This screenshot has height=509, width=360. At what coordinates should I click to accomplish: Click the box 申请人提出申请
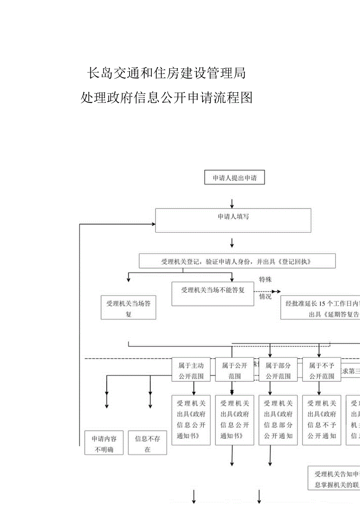(234, 178)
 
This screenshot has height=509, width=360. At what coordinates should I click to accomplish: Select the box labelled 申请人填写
(233, 220)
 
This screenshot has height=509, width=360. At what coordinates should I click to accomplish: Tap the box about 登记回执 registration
(237, 261)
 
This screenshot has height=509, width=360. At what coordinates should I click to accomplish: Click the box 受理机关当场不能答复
(212, 294)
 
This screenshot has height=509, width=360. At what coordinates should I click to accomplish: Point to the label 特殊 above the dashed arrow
(265, 279)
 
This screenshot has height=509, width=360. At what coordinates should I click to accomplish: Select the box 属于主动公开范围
(191, 371)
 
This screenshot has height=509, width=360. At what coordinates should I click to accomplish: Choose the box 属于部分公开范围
(278, 371)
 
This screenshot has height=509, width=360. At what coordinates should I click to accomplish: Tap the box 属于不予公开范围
(321, 371)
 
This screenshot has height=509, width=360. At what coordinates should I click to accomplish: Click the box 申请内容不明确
(104, 444)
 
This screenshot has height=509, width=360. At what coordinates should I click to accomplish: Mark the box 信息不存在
(148, 444)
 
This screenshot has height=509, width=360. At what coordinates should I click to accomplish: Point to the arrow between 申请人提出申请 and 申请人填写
(232, 203)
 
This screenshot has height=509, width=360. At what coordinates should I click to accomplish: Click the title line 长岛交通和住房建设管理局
(166, 73)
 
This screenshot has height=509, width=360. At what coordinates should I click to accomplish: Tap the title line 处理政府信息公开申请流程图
(166, 97)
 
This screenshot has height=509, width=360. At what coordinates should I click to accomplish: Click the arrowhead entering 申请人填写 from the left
(153, 224)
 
